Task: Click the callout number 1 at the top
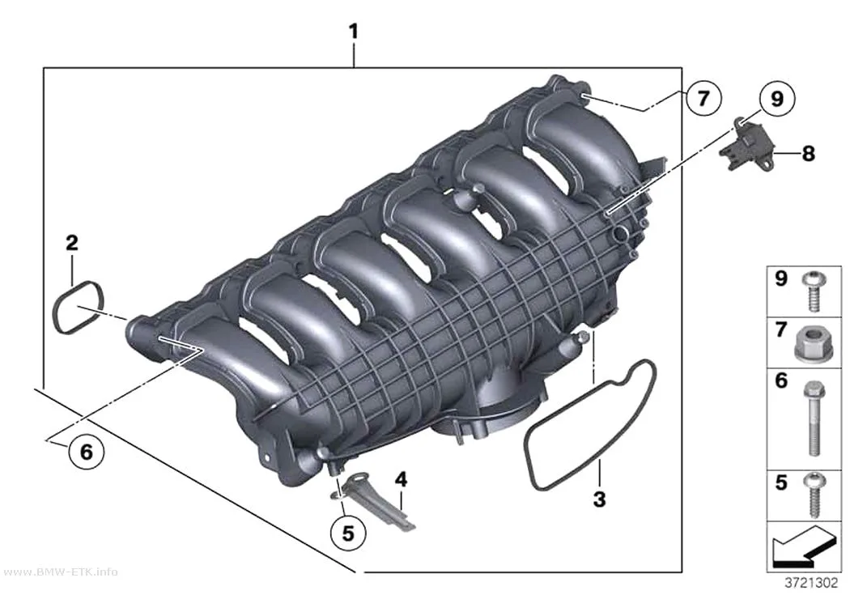click(x=353, y=32)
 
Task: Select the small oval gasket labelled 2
click(x=58, y=307)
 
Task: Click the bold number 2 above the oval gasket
click(x=71, y=243)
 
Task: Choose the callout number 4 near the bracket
click(x=401, y=479)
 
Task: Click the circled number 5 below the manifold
click(x=348, y=533)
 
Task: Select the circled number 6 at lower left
click(x=86, y=451)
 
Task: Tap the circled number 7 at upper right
click(x=703, y=99)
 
